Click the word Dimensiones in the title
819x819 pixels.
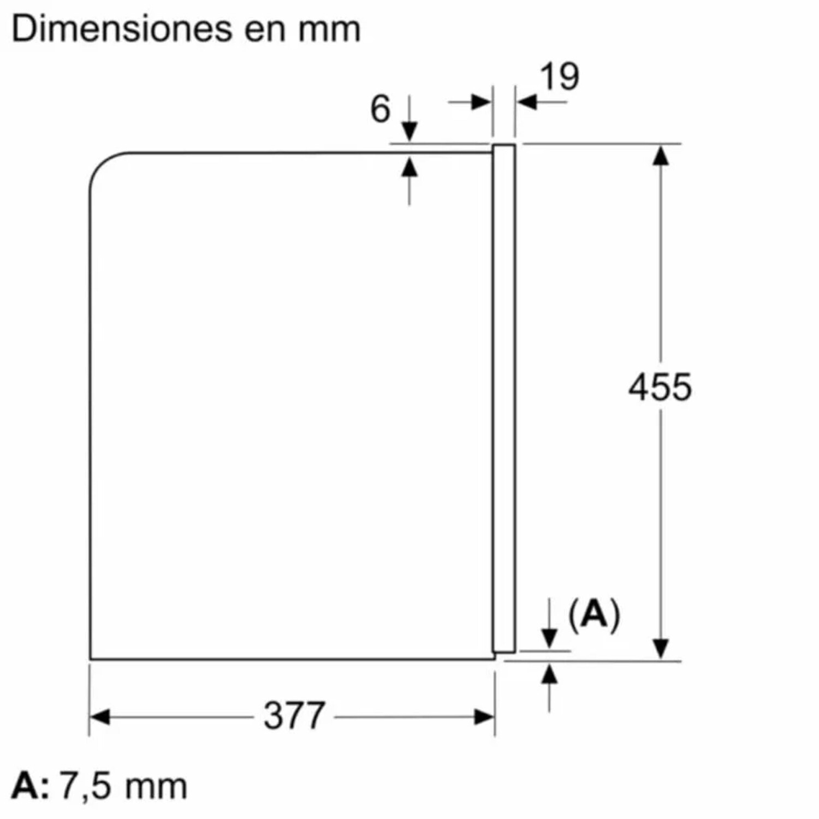coord(121,28)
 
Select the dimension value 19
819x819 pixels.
coord(560,76)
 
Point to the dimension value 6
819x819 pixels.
coord(381,109)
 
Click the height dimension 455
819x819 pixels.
coord(660,387)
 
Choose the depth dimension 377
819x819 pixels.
coord(294,715)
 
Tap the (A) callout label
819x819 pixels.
coord(594,615)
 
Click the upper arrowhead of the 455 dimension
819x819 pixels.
coord(661,156)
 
